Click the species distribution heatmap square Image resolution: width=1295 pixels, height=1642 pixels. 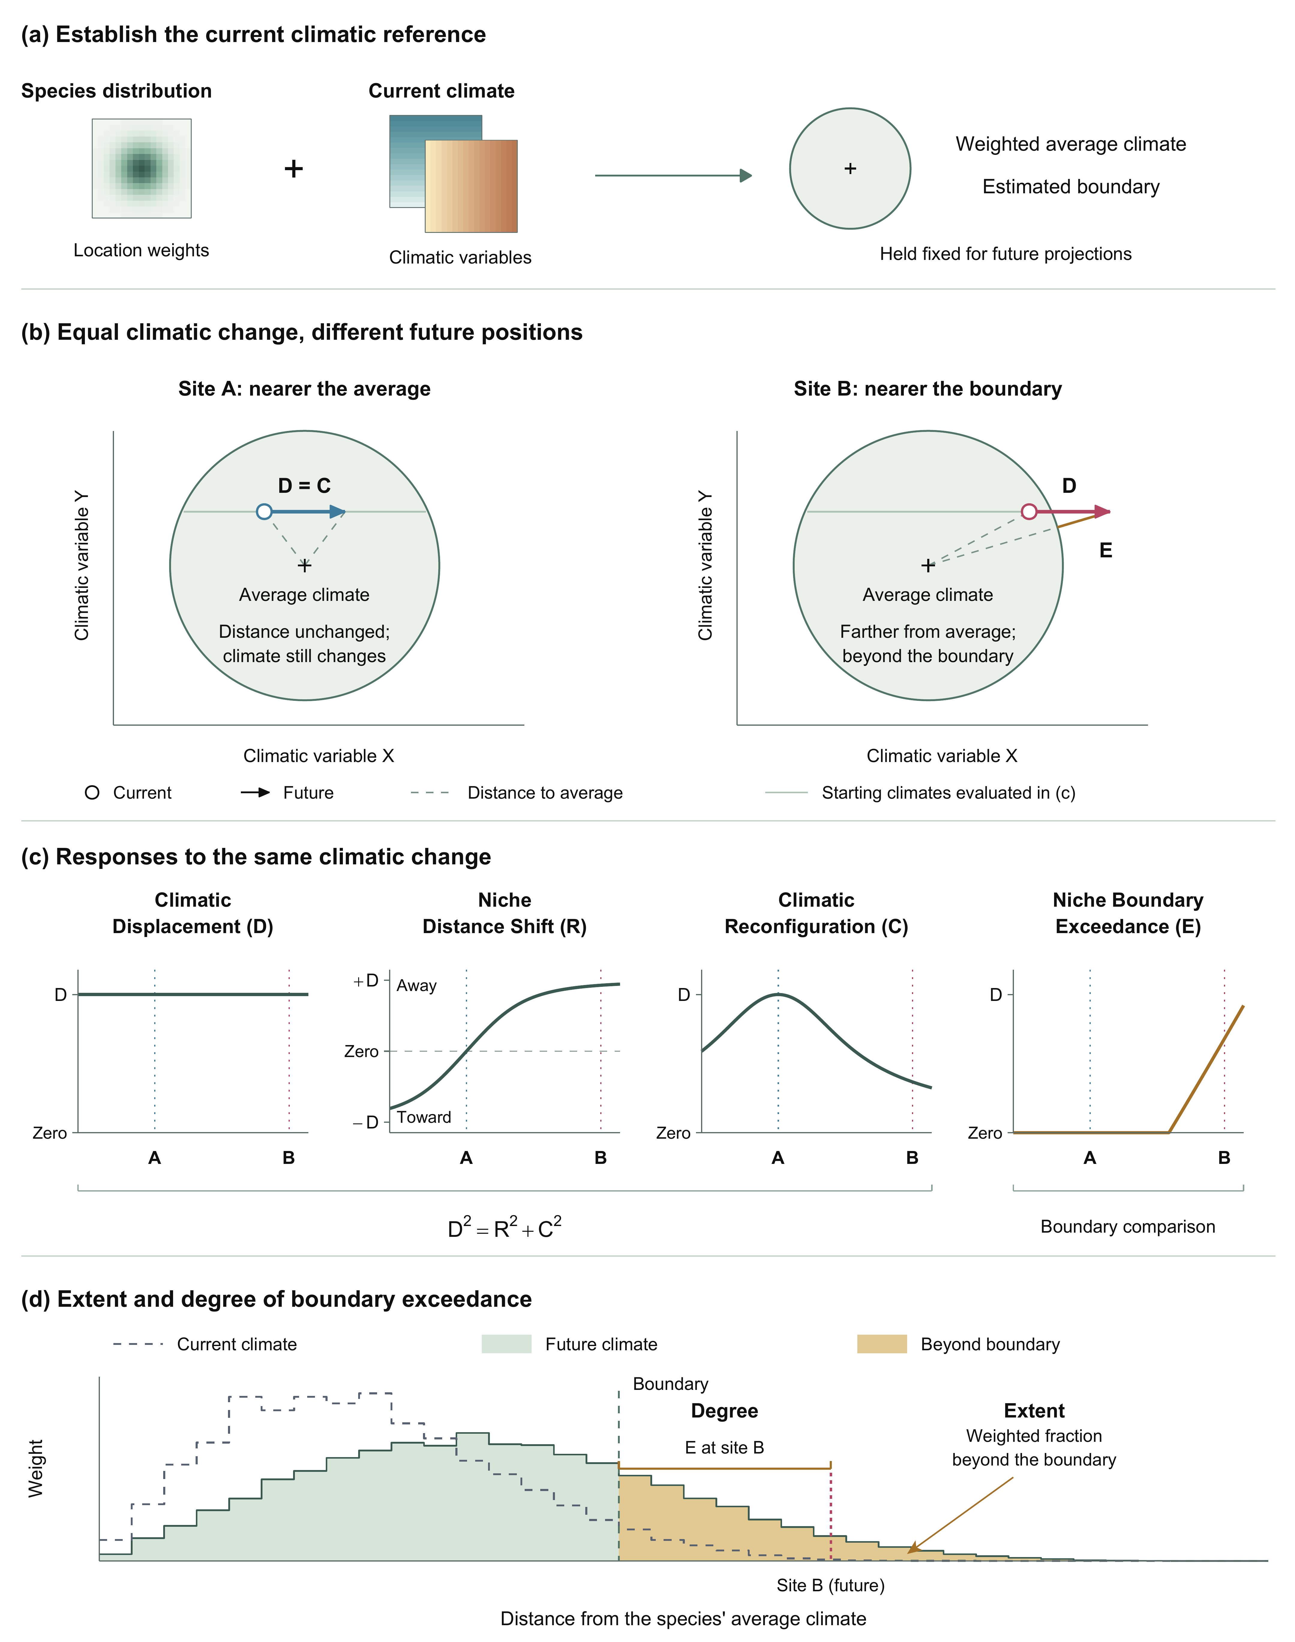[142, 168]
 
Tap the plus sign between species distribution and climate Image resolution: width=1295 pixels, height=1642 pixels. [293, 168]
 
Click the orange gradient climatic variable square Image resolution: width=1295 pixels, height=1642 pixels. [471, 186]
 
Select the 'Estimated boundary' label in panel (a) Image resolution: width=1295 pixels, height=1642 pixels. [1071, 187]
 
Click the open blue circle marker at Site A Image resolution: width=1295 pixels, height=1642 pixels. [264, 512]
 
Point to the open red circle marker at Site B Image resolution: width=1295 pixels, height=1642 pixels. [1029, 512]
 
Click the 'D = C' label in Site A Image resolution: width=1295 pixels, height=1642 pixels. [304, 485]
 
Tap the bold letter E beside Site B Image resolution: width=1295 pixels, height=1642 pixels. [1105, 551]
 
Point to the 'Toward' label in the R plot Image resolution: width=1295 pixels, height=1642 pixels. [424, 1117]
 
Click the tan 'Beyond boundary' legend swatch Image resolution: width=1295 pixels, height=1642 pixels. [882, 1344]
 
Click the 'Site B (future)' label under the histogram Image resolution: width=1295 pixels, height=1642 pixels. [830, 1585]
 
